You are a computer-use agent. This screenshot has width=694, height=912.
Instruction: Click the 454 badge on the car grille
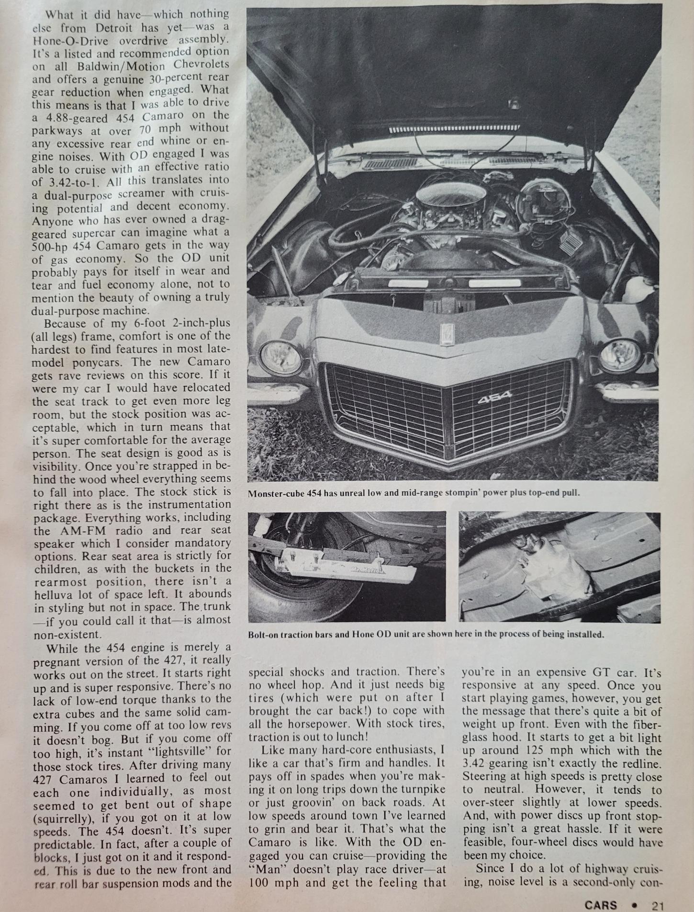494,397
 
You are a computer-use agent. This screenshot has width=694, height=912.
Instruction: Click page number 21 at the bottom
657,905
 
